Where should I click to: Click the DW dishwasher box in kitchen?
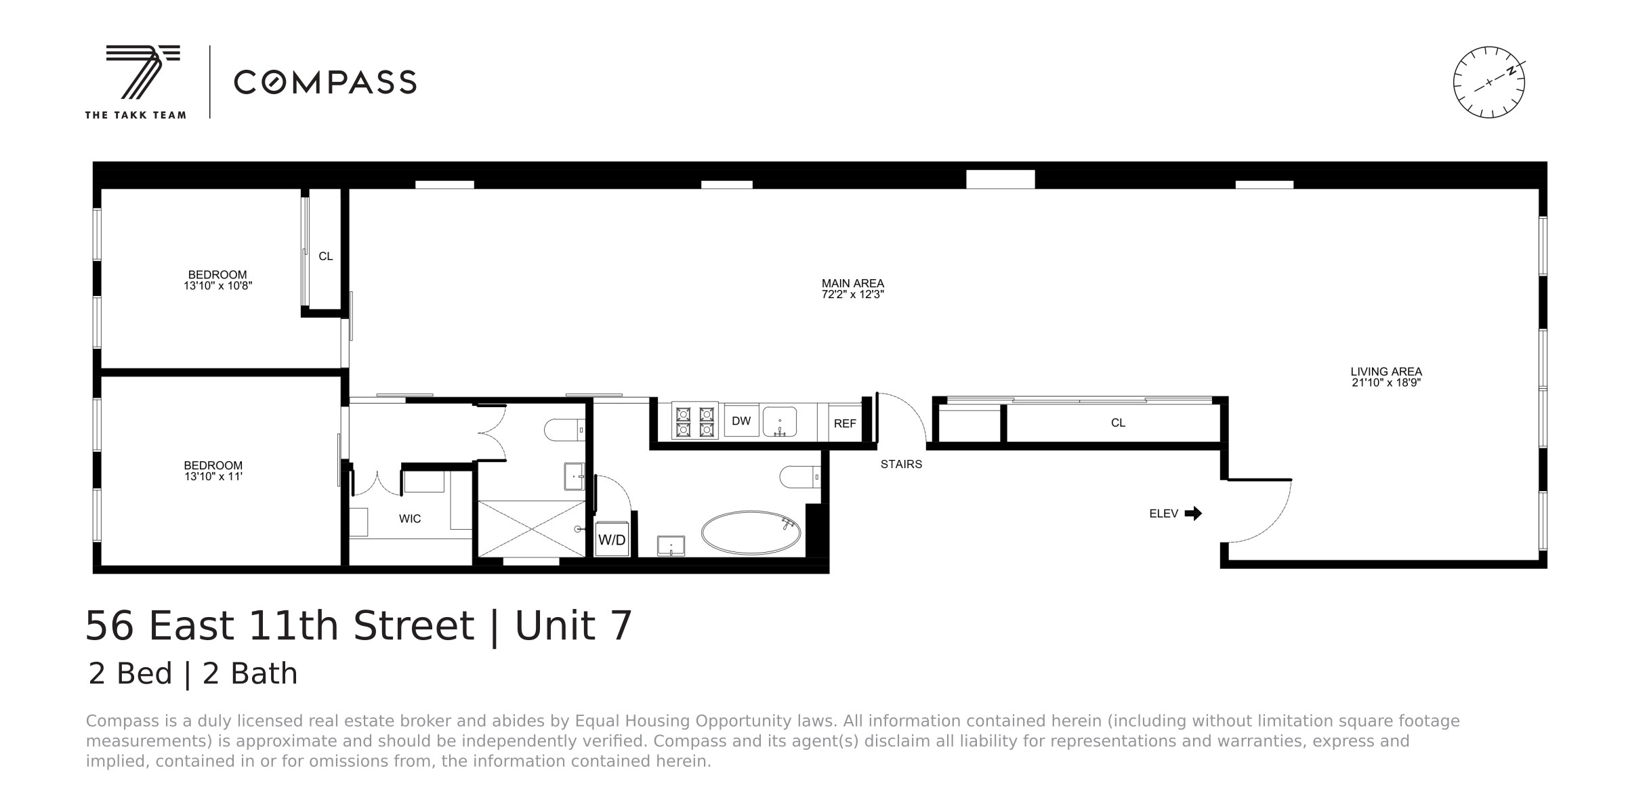tap(741, 421)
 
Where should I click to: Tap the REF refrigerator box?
tap(845, 423)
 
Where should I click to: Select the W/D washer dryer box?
tap(612, 540)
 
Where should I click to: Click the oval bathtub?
tap(751, 532)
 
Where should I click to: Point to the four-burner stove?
tap(695, 421)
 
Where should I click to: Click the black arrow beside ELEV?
tap(1193, 513)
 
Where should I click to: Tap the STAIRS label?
tap(901, 465)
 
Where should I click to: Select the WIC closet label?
tap(410, 519)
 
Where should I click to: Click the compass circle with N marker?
tap(1488, 83)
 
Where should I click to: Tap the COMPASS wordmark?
tap(325, 83)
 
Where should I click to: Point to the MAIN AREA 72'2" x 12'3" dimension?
tap(852, 295)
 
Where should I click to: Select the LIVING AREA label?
tap(1385, 372)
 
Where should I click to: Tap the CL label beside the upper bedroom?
tap(326, 257)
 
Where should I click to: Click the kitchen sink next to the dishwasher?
tap(780, 421)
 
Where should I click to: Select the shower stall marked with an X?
tap(531, 529)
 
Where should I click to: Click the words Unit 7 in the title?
tap(573, 625)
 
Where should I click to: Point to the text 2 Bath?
tap(250, 674)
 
